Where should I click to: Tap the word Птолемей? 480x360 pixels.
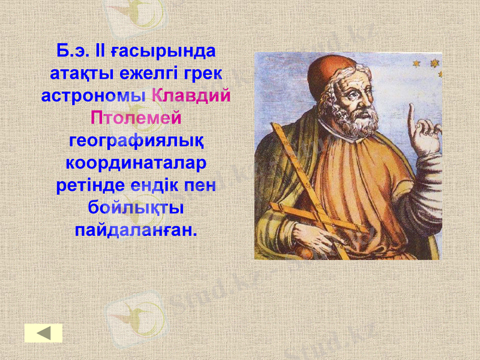pos(136,118)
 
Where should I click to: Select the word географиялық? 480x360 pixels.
pos(136,142)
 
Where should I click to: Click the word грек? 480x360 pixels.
pos(203,73)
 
